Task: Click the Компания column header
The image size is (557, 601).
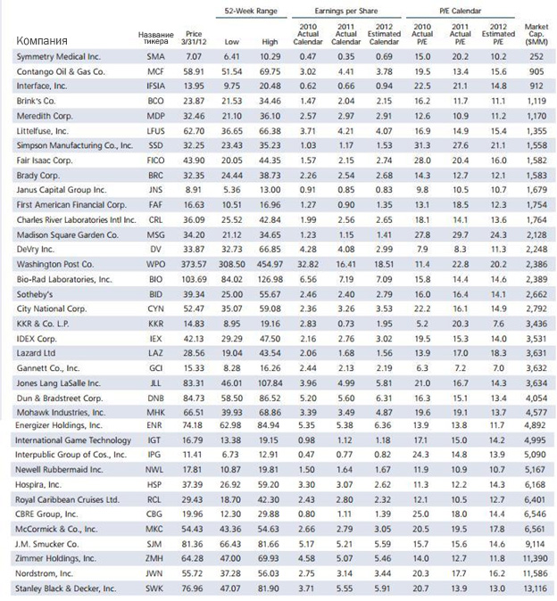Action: pyautogui.click(x=42, y=41)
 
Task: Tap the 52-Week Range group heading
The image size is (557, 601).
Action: pyautogui.click(x=251, y=11)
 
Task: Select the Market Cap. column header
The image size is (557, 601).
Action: pyautogui.click(x=536, y=34)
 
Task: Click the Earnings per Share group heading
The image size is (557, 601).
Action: pyautogui.click(x=346, y=11)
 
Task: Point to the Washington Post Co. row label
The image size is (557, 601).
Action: pyautogui.click(x=54, y=265)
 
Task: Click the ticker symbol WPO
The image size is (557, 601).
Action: pyautogui.click(x=155, y=265)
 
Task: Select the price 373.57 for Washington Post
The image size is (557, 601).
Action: pyautogui.click(x=194, y=265)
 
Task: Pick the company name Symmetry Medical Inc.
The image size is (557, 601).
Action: pyautogui.click(x=58, y=57)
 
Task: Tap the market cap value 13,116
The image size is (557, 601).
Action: pyautogui.click(x=536, y=589)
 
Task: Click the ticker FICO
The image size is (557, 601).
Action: pyautogui.click(x=155, y=161)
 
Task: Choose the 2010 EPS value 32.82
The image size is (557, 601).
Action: pyautogui.click(x=308, y=265)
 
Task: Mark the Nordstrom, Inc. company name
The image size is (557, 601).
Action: pyautogui.click(x=44, y=573)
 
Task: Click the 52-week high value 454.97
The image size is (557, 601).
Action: pyautogui.click(x=270, y=265)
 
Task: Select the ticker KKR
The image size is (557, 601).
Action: pyautogui.click(x=155, y=324)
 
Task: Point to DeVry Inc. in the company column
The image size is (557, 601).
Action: pyautogui.click(x=36, y=250)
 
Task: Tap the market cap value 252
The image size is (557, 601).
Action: pyautogui.click(x=536, y=57)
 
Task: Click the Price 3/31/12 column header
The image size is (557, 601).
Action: pyautogui.click(x=194, y=38)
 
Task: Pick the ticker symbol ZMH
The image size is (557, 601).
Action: pyautogui.click(x=154, y=559)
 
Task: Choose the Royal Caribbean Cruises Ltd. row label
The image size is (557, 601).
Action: pyautogui.click(x=67, y=500)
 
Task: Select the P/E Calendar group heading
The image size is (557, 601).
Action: pyautogui.click(x=460, y=11)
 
